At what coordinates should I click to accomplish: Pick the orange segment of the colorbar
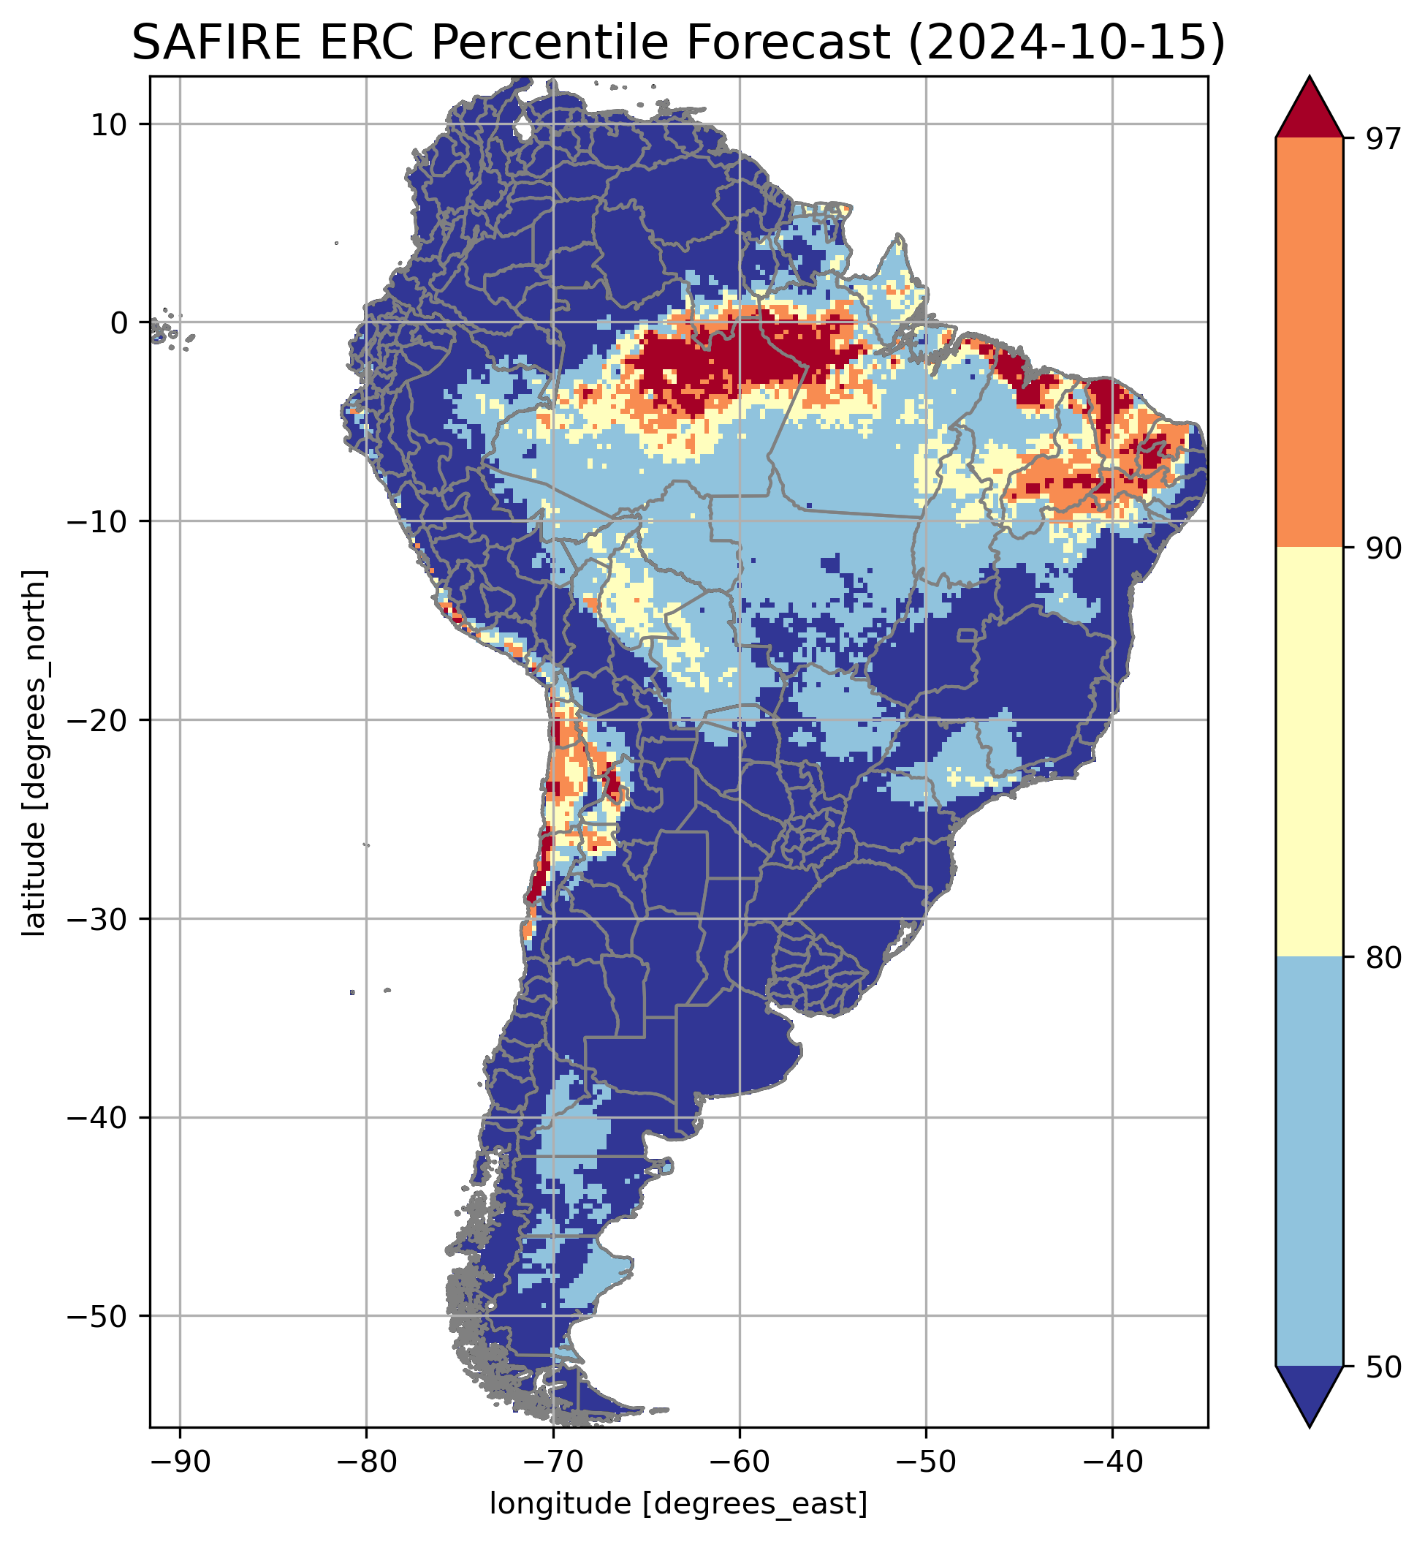1310,343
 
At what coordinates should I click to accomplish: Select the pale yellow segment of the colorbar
1310,752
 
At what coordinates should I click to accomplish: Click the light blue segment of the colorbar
1310,1161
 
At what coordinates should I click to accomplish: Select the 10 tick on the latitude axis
109,124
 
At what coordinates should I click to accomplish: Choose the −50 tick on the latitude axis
98,1316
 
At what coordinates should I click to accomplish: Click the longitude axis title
679,1503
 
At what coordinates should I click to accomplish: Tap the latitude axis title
34,753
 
